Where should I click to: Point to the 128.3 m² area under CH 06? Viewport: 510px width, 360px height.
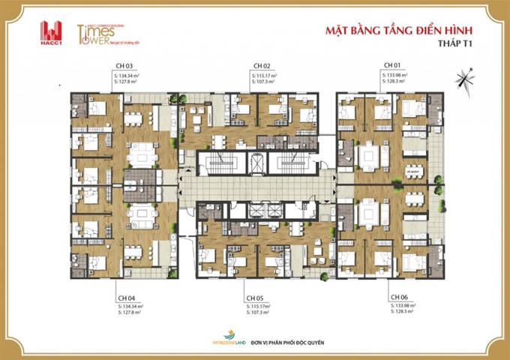click(x=403, y=311)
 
